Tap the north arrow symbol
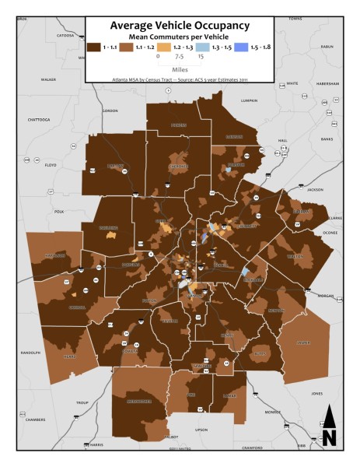[330, 427]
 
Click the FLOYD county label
[51, 165]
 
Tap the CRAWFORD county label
[250, 448]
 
